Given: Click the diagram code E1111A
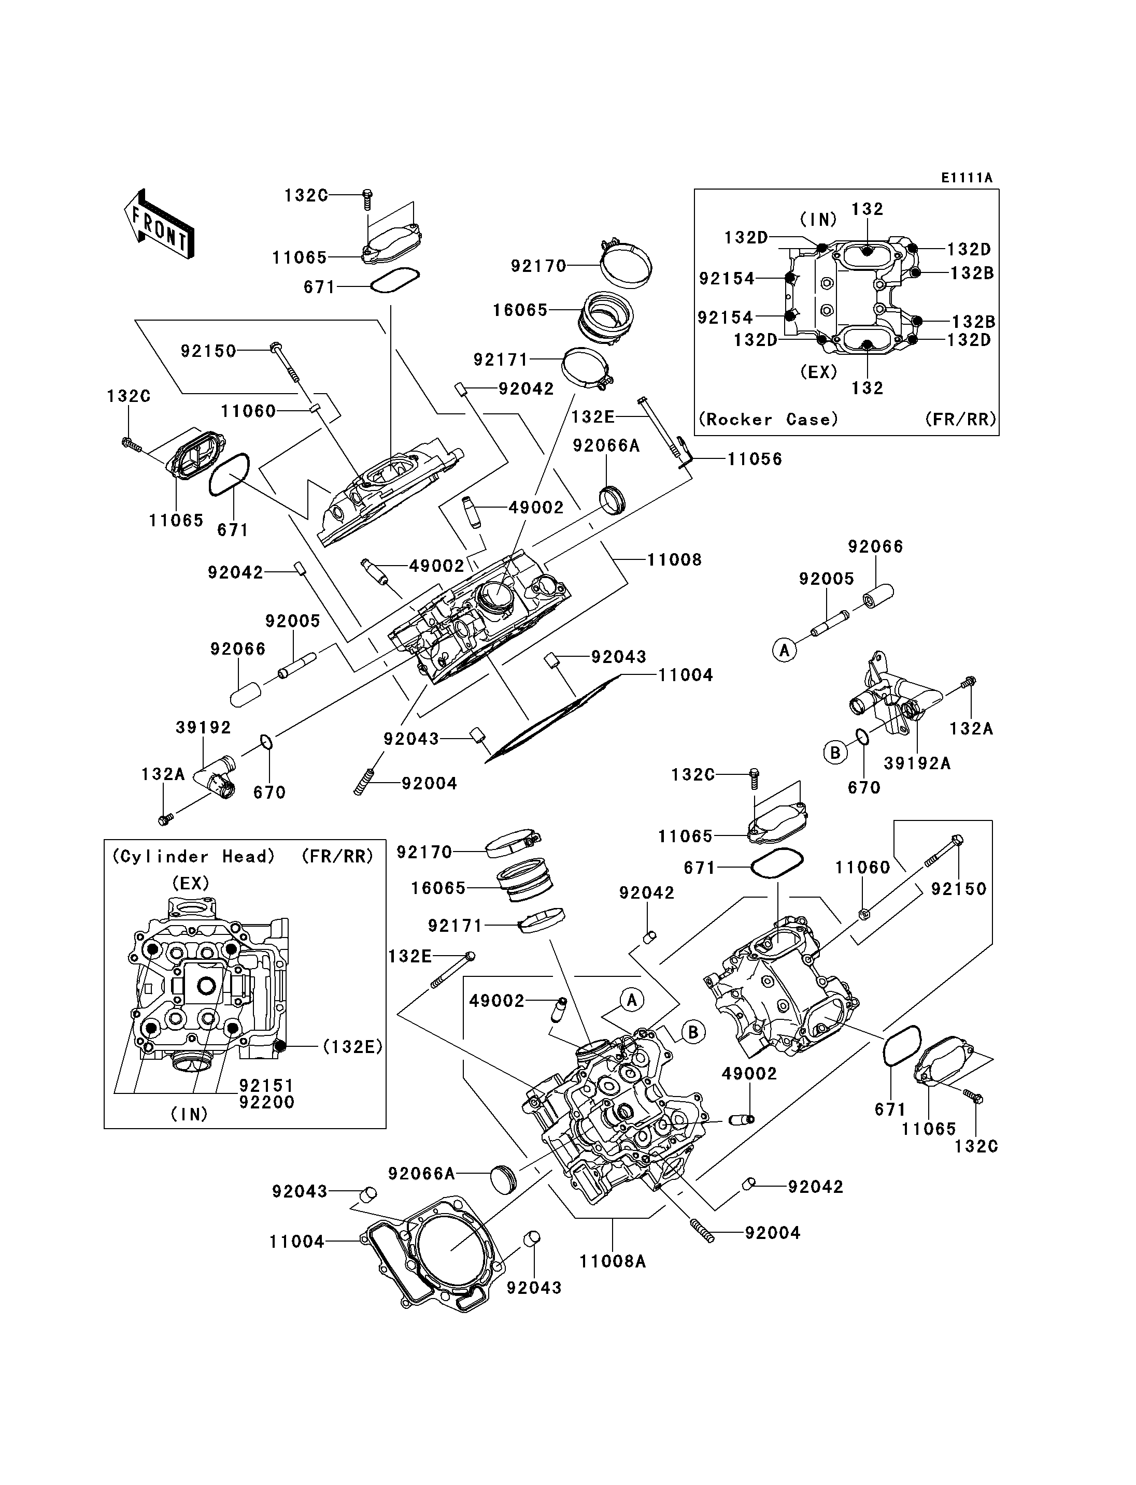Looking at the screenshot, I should [x=967, y=178].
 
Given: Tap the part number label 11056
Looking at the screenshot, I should [x=755, y=459].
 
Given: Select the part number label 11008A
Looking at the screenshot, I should [x=613, y=1261].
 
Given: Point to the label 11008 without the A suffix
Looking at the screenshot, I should [x=674, y=560].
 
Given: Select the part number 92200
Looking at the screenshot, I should [x=266, y=1102].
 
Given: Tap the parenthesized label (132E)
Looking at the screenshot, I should [x=352, y=1046].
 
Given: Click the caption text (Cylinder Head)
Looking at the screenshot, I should [x=193, y=856].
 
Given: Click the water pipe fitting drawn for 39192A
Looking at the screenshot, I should [x=892, y=696].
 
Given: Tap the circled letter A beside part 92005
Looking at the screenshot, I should [x=785, y=650].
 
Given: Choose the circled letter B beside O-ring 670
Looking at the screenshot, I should [x=835, y=752].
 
